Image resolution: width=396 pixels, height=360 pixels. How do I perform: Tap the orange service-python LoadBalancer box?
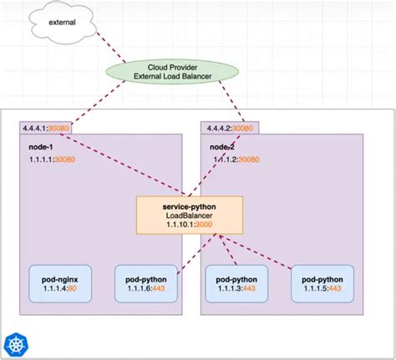(x=190, y=214)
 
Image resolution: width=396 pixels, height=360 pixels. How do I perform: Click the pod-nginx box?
(x=60, y=283)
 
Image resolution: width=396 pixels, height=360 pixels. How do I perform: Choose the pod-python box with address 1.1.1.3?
(x=236, y=283)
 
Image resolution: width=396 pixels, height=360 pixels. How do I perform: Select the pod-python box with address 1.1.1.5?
(x=322, y=283)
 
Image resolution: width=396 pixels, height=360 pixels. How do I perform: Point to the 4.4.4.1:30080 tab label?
(x=47, y=129)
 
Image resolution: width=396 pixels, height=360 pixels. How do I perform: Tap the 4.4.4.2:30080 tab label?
(x=228, y=129)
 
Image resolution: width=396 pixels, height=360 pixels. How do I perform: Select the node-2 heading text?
(x=223, y=145)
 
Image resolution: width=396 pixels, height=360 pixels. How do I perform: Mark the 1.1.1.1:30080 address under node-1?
(x=52, y=159)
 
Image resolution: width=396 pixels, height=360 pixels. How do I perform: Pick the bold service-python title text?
(x=190, y=204)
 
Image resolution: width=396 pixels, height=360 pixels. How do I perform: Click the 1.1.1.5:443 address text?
(x=322, y=289)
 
